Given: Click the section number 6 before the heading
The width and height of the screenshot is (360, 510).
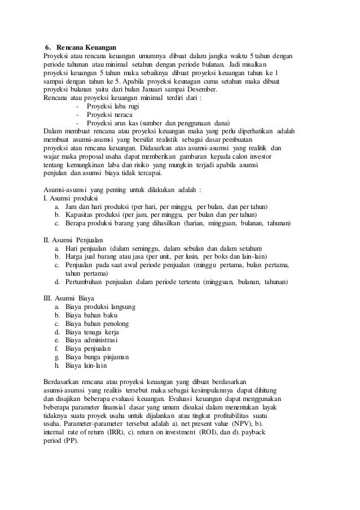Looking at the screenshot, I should (x=47, y=47).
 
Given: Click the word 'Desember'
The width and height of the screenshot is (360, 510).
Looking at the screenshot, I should (x=201, y=89).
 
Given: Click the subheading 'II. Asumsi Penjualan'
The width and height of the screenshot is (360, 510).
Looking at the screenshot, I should (x=73, y=239).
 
